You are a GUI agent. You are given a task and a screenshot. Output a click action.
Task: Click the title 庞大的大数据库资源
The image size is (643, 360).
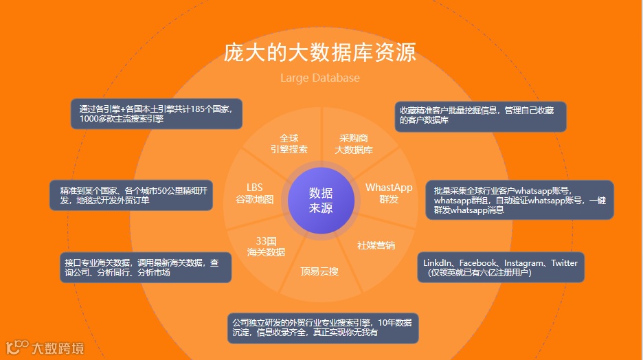(x=320, y=53)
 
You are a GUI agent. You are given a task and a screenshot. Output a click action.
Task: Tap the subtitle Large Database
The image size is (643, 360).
(x=320, y=78)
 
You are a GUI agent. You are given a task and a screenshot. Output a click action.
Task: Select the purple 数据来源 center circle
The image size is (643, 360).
(x=321, y=200)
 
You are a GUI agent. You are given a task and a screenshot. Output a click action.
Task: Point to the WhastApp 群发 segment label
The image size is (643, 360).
(x=389, y=193)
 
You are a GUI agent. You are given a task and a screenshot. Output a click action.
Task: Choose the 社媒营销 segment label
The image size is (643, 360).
(x=376, y=245)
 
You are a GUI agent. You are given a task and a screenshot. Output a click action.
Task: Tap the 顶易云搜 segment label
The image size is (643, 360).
(x=319, y=271)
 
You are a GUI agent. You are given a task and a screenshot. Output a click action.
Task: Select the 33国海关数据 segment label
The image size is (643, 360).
(x=266, y=247)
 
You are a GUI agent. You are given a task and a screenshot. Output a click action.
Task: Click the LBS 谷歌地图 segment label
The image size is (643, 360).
(x=255, y=193)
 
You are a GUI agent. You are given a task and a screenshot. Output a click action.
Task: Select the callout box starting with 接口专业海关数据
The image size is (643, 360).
(x=145, y=267)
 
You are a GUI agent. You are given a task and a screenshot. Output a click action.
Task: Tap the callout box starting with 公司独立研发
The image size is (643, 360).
(x=323, y=328)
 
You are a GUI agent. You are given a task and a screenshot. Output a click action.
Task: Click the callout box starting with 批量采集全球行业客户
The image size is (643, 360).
(x=519, y=200)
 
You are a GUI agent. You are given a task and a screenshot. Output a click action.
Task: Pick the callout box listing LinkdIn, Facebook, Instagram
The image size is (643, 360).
(x=501, y=267)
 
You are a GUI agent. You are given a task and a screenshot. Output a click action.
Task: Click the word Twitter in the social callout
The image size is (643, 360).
(x=564, y=263)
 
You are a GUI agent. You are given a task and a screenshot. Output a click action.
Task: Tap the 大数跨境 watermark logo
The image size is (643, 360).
(x=45, y=348)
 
